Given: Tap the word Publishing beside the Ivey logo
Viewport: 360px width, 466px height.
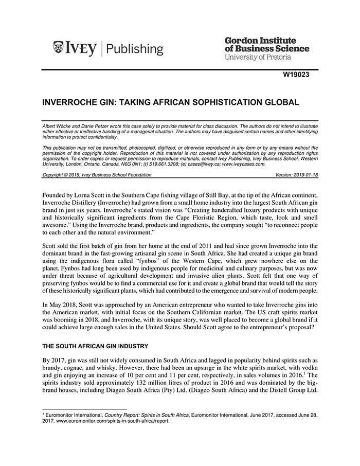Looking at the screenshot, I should pyautogui.click(x=135, y=49).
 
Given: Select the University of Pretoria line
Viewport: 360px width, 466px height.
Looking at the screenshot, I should pyautogui.click(x=258, y=57).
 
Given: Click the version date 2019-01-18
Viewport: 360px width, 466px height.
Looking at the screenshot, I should pyautogui.click(x=303, y=175).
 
